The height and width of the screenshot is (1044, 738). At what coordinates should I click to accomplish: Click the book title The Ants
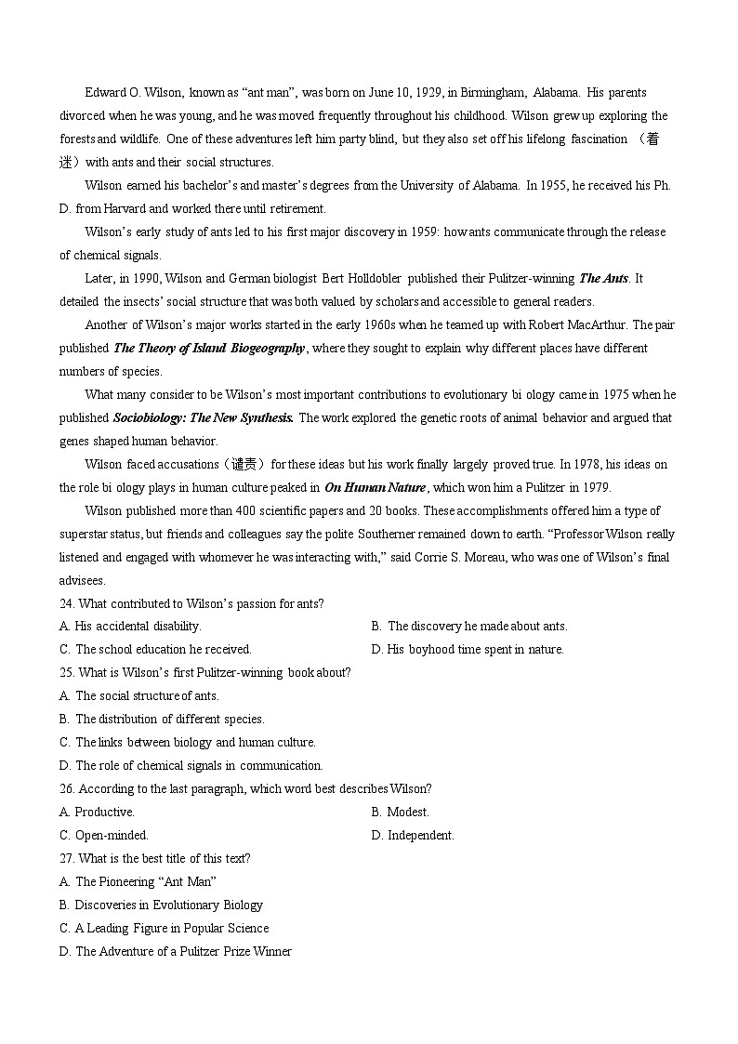[603, 278]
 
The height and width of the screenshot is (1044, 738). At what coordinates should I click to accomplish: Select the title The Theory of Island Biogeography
[209, 348]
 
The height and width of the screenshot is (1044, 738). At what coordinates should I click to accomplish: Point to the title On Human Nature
[375, 487]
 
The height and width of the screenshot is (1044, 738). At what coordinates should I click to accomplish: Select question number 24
[67, 603]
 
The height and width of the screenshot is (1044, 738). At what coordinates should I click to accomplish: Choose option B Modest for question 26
[407, 812]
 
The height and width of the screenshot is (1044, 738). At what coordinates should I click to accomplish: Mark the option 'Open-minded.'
[111, 835]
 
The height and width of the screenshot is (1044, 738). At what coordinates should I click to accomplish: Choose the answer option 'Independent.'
[420, 835]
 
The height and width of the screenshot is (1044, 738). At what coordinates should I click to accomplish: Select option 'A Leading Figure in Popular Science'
[171, 928]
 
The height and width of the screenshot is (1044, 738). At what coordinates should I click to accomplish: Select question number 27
[67, 858]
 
